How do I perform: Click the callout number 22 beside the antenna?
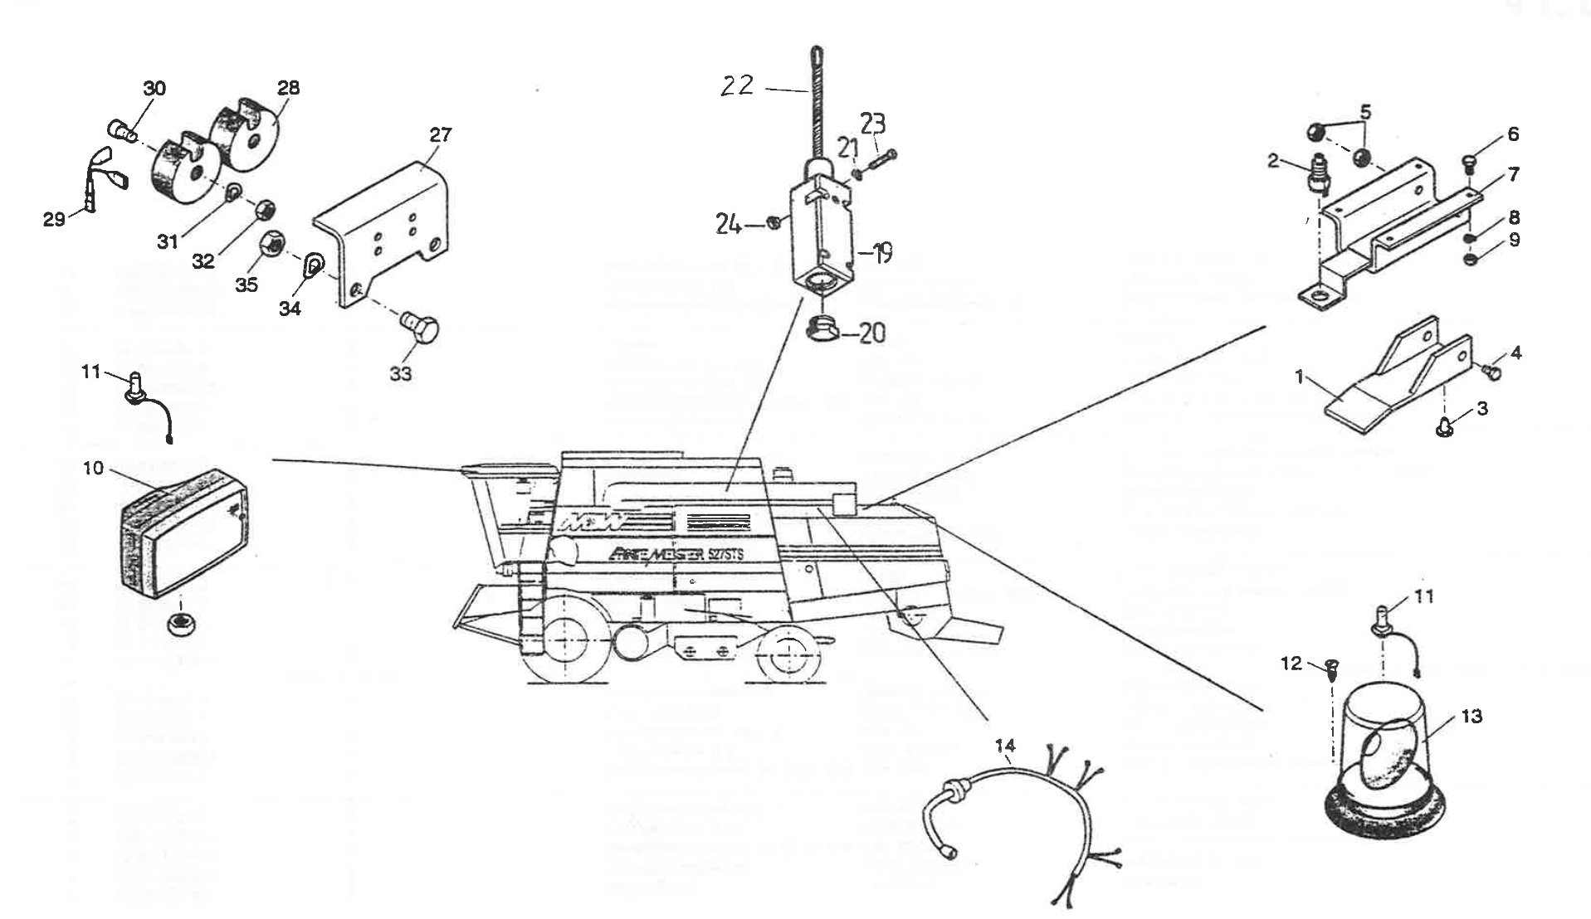click(x=736, y=85)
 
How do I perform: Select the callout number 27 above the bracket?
click(x=440, y=134)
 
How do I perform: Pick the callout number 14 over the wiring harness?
click(x=1005, y=746)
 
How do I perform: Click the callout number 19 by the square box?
click(x=884, y=252)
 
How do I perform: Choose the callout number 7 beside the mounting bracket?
click(x=1514, y=174)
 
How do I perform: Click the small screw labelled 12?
click(x=1332, y=669)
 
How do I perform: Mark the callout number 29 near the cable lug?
click(x=55, y=221)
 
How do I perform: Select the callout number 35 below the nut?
click(x=246, y=284)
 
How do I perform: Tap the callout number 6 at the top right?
click(x=1513, y=134)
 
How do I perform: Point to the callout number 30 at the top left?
click(x=154, y=89)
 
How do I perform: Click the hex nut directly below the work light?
click(x=178, y=624)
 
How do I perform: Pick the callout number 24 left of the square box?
click(x=728, y=223)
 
